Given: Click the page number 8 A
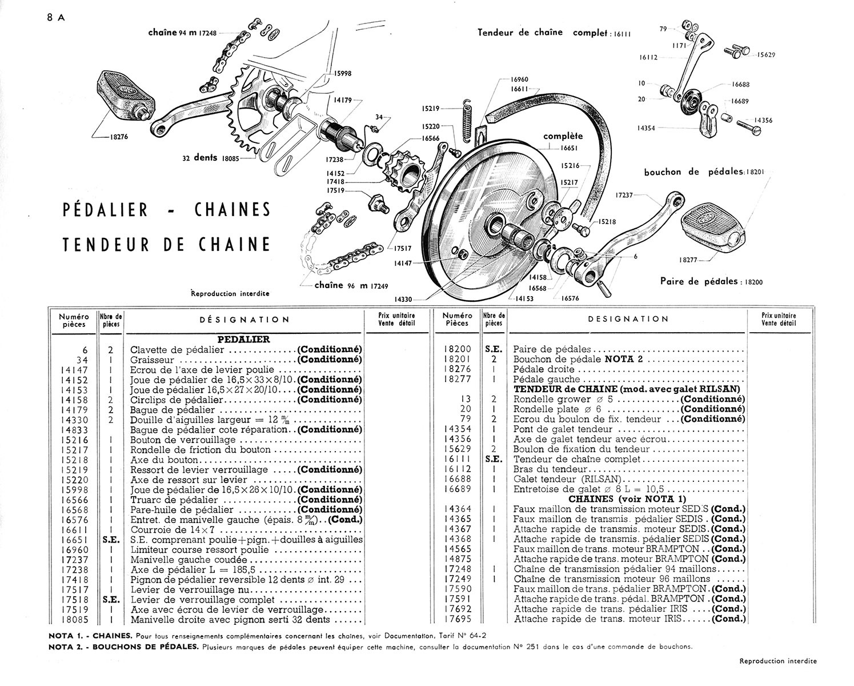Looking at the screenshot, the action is point(55,18).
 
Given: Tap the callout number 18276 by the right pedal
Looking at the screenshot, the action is point(119,137).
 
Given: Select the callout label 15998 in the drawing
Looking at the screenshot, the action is point(342,74).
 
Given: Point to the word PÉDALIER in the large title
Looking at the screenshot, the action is point(105,210).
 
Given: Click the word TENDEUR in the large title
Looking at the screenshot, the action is point(106,244).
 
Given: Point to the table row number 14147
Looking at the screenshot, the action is point(74,370).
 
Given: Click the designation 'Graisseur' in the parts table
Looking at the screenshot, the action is point(152,360).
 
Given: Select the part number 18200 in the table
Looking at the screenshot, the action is point(458,349).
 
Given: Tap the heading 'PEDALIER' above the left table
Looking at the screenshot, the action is point(243,340).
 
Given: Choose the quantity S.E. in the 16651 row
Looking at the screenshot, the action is point(111,540).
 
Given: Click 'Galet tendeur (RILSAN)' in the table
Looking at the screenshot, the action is point(567,480).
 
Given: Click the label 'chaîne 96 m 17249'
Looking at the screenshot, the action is point(351,285).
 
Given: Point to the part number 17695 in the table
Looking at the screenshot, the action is point(458,619).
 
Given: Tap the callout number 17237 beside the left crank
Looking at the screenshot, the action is point(624,195).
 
